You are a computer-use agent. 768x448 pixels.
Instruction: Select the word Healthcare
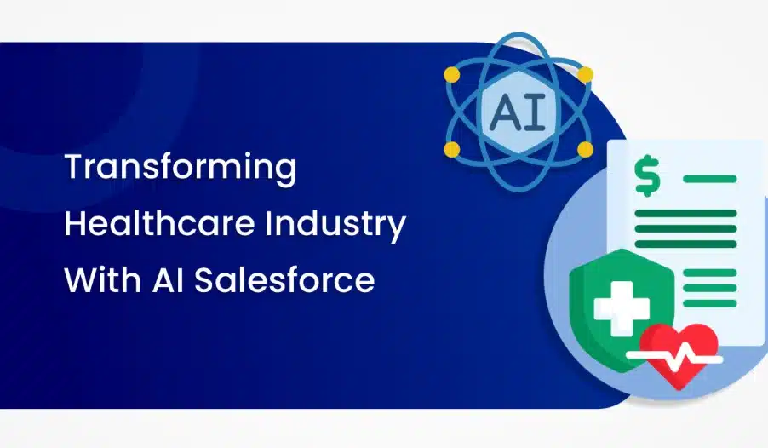[159, 223]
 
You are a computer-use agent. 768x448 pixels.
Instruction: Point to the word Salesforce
[284, 279]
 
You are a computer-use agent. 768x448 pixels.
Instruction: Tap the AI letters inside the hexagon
[518, 112]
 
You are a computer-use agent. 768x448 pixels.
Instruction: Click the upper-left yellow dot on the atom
[451, 75]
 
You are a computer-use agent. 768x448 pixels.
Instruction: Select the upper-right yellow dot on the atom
[585, 75]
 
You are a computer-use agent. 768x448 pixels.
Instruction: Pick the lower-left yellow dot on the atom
[451, 149]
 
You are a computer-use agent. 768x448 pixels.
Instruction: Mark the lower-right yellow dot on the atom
[585, 149]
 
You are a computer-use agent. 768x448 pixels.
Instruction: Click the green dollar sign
[647, 175]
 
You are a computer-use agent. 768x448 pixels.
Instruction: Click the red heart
[679, 354]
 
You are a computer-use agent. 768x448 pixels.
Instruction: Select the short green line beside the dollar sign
[710, 179]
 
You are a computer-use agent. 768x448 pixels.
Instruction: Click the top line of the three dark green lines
[685, 213]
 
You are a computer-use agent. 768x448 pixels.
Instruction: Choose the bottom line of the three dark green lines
[685, 244]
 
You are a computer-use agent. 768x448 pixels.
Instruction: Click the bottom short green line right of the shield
[710, 303]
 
